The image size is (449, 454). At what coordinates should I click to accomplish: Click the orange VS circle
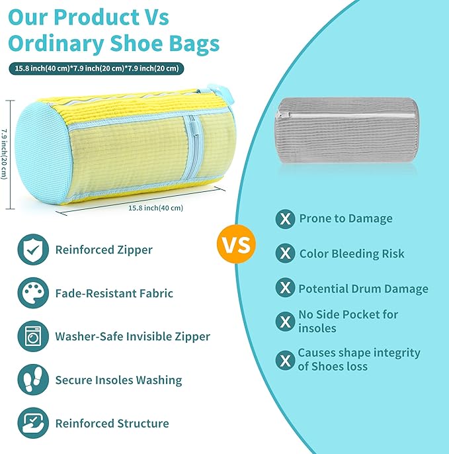(235, 246)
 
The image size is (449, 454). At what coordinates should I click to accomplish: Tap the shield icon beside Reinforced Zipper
(33, 250)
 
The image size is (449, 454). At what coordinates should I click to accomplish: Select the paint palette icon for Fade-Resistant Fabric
(33, 293)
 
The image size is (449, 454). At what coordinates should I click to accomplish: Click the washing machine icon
(33, 336)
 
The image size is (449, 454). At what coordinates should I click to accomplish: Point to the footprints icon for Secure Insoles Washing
(33, 380)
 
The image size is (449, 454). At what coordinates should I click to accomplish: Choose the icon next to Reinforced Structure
(33, 424)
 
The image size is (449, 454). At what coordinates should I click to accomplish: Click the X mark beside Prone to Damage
(285, 219)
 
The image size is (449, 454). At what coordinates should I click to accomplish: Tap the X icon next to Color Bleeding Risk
(285, 253)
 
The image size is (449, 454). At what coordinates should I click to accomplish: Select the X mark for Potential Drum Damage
(285, 289)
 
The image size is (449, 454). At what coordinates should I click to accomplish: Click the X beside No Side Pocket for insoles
(285, 322)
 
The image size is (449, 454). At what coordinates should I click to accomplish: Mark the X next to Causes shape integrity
(285, 360)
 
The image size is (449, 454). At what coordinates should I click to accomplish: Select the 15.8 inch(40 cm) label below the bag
(155, 208)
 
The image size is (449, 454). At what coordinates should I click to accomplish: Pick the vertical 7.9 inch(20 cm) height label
(5, 153)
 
